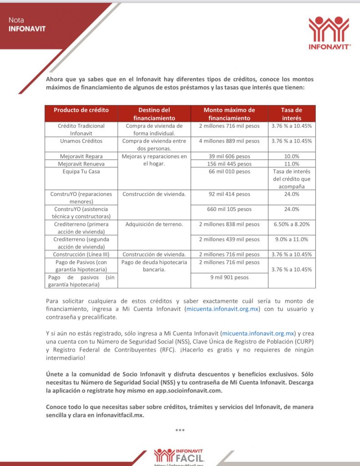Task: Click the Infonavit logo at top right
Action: coord(329,33)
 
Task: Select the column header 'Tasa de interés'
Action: coord(292,114)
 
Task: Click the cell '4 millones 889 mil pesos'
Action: coord(229,141)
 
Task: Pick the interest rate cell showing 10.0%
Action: coord(292,156)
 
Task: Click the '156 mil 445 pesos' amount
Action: coord(229,164)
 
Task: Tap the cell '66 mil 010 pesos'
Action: coord(229,172)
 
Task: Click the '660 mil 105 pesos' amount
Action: coord(229,209)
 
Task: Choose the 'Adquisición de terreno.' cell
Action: coord(154,224)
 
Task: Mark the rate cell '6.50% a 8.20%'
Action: coord(292,224)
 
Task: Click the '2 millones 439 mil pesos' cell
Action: coord(229,239)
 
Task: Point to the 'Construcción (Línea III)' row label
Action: coord(81,254)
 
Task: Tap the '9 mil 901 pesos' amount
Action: coord(229,277)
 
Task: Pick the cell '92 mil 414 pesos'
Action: coord(229,194)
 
